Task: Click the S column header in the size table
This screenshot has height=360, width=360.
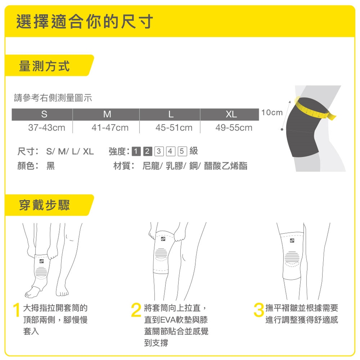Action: pos(44,114)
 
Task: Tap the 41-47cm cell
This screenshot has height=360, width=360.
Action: pos(110,127)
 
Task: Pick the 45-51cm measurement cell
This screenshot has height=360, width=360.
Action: pos(174,127)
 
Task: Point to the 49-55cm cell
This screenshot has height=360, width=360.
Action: pos(234,127)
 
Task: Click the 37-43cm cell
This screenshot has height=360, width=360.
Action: pos(46,127)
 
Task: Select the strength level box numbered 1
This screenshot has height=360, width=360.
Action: pos(136,151)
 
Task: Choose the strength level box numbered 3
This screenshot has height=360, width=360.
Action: pos(159,151)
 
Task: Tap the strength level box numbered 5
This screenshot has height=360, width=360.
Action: pos(182,151)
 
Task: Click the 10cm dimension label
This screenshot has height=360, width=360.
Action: pos(272,112)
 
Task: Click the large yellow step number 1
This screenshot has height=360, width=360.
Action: pos(17,310)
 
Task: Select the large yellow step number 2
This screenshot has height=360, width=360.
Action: pos(136,310)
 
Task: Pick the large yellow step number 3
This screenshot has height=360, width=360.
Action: pos(259,310)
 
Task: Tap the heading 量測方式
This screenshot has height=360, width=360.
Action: pos(44,66)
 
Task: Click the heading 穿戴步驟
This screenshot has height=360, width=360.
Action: pos(44,205)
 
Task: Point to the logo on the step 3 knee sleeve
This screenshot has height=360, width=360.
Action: pos(292,241)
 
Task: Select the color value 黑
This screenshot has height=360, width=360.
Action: pos(51,166)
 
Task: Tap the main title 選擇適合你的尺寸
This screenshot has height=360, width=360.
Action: pos(85,22)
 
